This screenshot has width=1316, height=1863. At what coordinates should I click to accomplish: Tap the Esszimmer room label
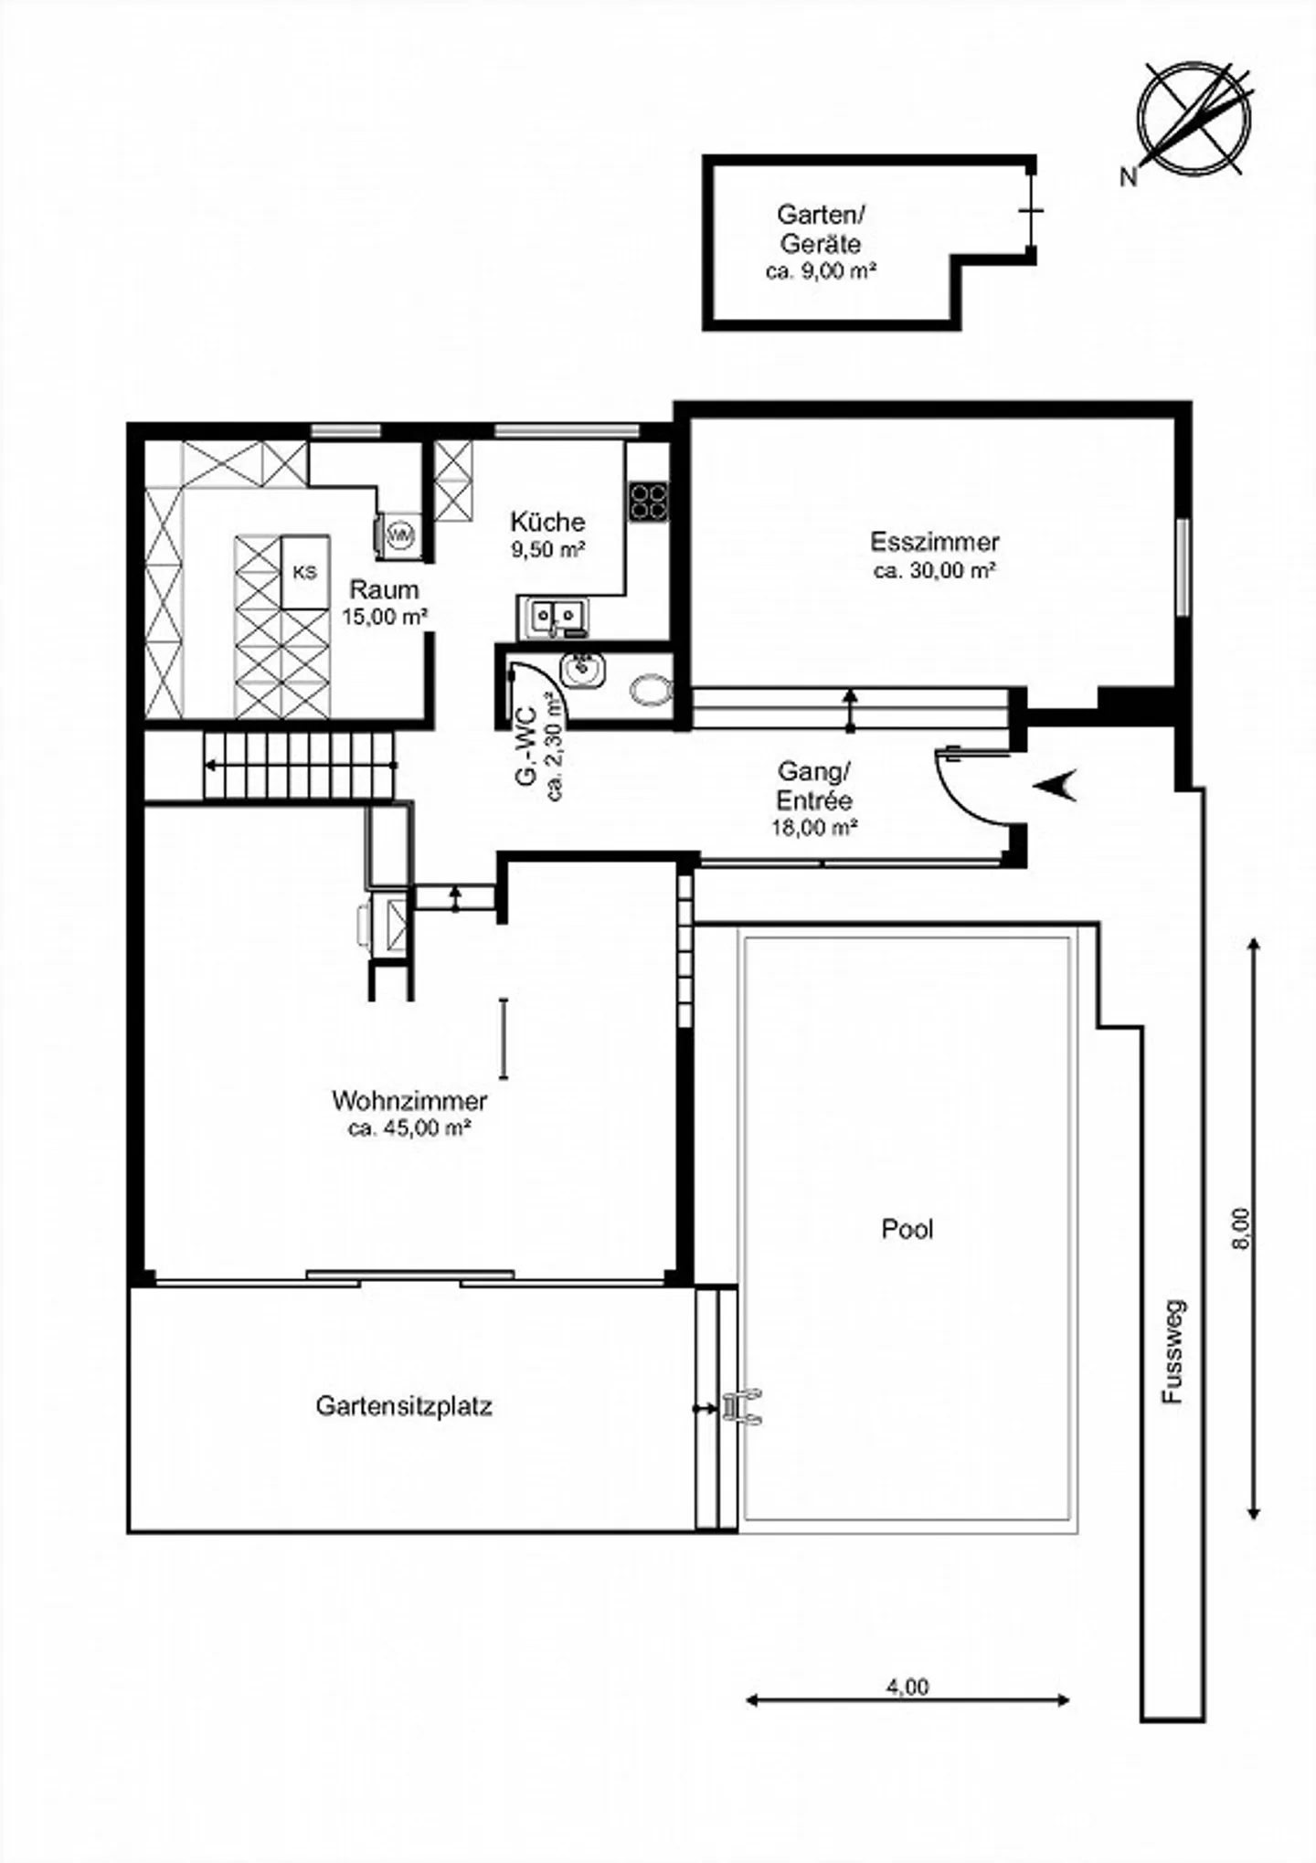[x=934, y=542]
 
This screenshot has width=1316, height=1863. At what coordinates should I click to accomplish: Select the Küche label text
[x=547, y=522]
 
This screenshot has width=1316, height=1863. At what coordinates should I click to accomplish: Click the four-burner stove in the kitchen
[x=648, y=502]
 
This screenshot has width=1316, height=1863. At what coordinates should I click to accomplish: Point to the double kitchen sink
[x=552, y=618]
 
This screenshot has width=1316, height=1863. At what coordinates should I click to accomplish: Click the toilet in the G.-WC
[x=649, y=690]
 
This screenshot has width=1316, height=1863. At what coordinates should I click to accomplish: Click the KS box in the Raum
[x=305, y=573]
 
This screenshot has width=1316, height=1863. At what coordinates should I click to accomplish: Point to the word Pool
[x=907, y=1229]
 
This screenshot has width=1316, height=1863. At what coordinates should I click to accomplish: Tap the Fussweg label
[x=1173, y=1351]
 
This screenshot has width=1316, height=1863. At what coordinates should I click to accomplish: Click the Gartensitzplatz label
[x=404, y=1405]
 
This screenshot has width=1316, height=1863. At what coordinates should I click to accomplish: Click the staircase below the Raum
[x=300, y=766]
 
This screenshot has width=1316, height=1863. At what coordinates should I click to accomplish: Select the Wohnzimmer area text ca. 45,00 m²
[x=409, y=1128]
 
